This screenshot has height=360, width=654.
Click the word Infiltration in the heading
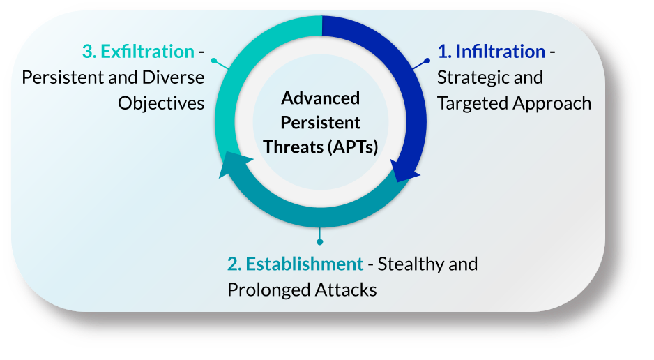pos(500,52)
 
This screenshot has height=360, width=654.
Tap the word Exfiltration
pos(147,52)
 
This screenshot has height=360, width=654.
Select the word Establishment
pos(305,264)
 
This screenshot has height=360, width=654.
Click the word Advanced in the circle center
pos(321,98)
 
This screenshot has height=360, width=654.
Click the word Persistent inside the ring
pos(321,123)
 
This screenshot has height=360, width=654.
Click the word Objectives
pos(161,103)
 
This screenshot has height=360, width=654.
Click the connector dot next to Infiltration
pos(427,60)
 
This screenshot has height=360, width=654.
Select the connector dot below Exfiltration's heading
pos(213,61)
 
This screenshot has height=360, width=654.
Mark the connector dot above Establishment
pos(320,241)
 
